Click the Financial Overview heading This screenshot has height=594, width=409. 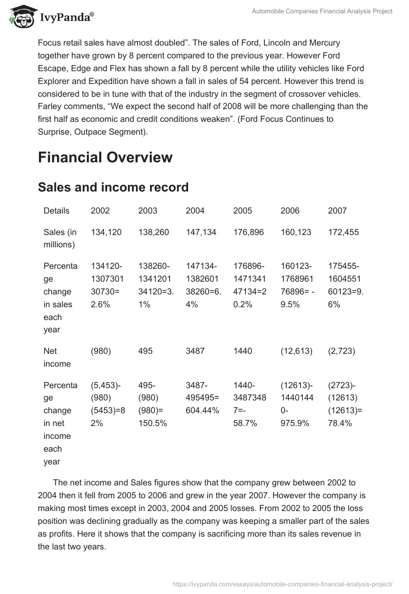(x=105, y=157)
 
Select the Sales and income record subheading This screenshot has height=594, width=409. (x=113, y=187)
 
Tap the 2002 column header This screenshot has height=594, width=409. (x=100, y=210)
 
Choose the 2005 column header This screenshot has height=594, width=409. (x=242, y=210)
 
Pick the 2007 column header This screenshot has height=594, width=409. (x=337, y=210)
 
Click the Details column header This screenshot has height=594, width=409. (x=57, y=210)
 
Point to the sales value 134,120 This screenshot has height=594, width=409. (x=106, y=232)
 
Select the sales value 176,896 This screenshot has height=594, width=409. (x=248, y=232)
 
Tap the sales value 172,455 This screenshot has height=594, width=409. (x=344, y=232)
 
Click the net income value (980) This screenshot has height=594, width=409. (x=101, y=351)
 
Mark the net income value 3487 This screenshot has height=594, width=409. (x=195, y=351)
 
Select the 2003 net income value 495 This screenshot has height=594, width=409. (x=145, y=351)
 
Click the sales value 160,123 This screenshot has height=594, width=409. (x=296, y=232)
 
